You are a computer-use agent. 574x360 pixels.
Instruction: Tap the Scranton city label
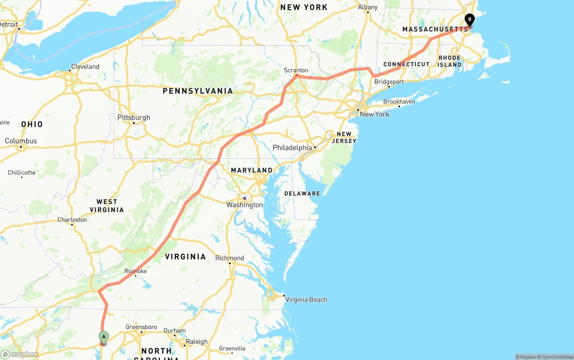click(296, 70)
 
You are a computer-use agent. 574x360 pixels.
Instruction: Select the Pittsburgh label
click(134, 117)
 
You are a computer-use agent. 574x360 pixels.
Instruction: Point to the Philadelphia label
click(292, 147)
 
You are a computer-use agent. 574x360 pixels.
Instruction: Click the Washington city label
click(244, 205)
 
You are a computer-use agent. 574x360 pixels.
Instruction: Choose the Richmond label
click(230, 258)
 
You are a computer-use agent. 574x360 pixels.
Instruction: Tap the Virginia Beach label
click(306, 299)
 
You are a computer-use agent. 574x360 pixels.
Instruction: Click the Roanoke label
click(135, 271)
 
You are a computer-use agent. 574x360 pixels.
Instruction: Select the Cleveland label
click(85, 67)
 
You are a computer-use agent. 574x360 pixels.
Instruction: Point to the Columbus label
click(21, 141)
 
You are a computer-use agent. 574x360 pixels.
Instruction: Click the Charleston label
click(72, 220)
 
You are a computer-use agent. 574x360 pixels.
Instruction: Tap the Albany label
click(368, 7)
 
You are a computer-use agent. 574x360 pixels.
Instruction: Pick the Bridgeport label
click(389, 82)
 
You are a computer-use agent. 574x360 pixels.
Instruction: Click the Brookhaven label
click(399, 102)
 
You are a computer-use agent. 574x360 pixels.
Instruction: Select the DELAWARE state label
click(302, 194)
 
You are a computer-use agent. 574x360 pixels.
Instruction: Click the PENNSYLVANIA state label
click(198, 91)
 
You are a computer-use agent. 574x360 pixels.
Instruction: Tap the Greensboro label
click(141, 327)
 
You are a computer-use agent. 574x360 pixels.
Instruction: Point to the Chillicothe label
click(22, 173)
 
